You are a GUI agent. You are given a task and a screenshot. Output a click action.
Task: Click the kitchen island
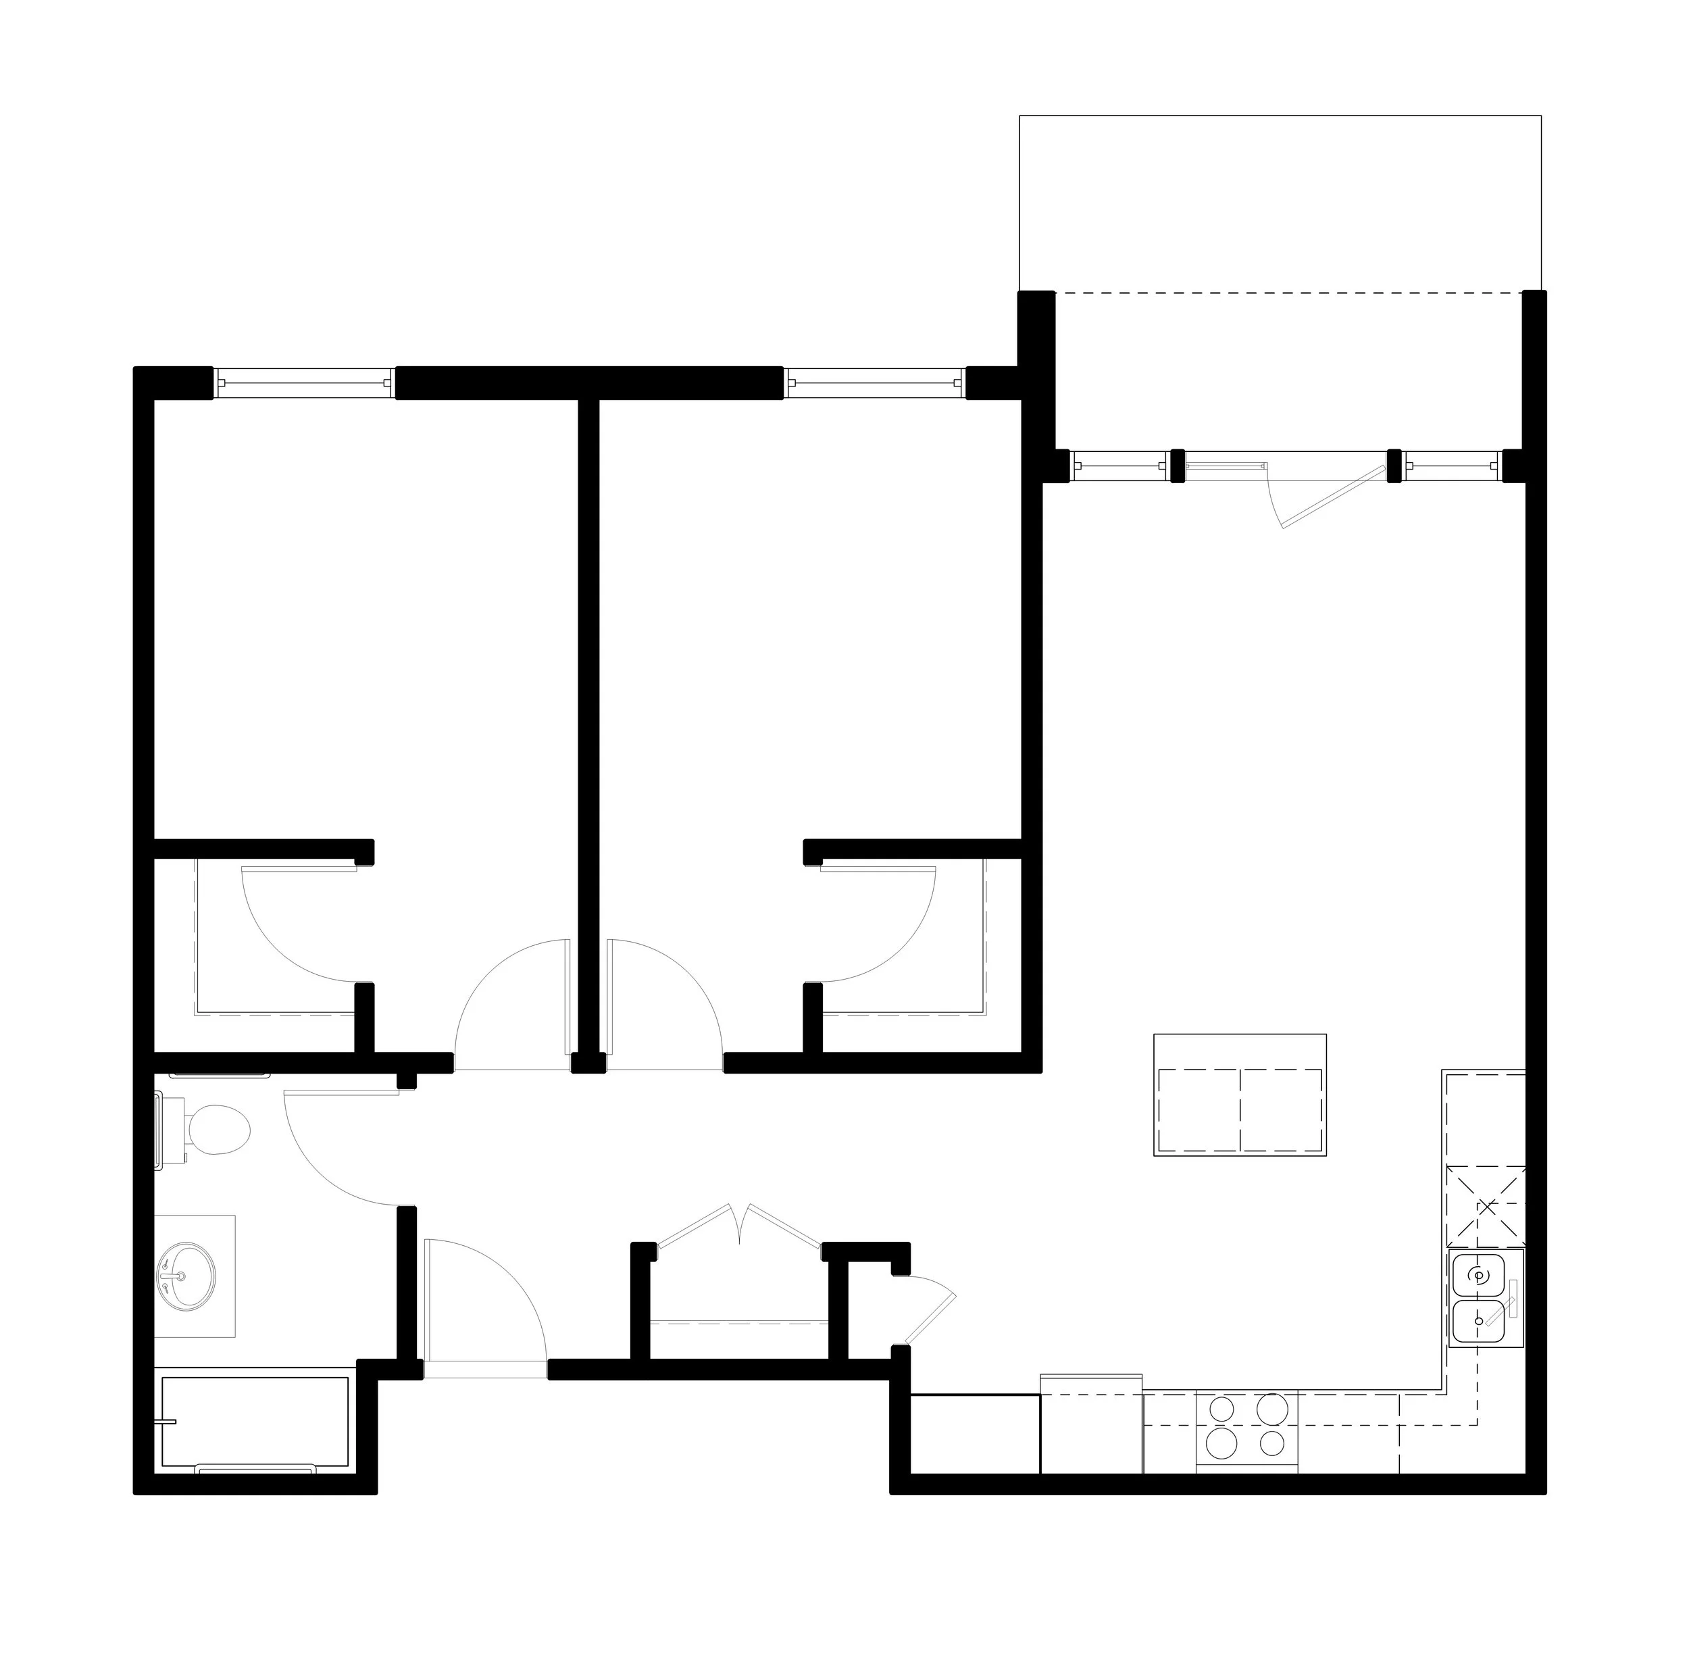[x=1240, y=1096]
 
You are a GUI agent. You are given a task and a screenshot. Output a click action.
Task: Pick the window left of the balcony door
[x=1120, y=466]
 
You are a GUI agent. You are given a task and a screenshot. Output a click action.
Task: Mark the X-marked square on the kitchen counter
[x=1485, y=1206]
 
